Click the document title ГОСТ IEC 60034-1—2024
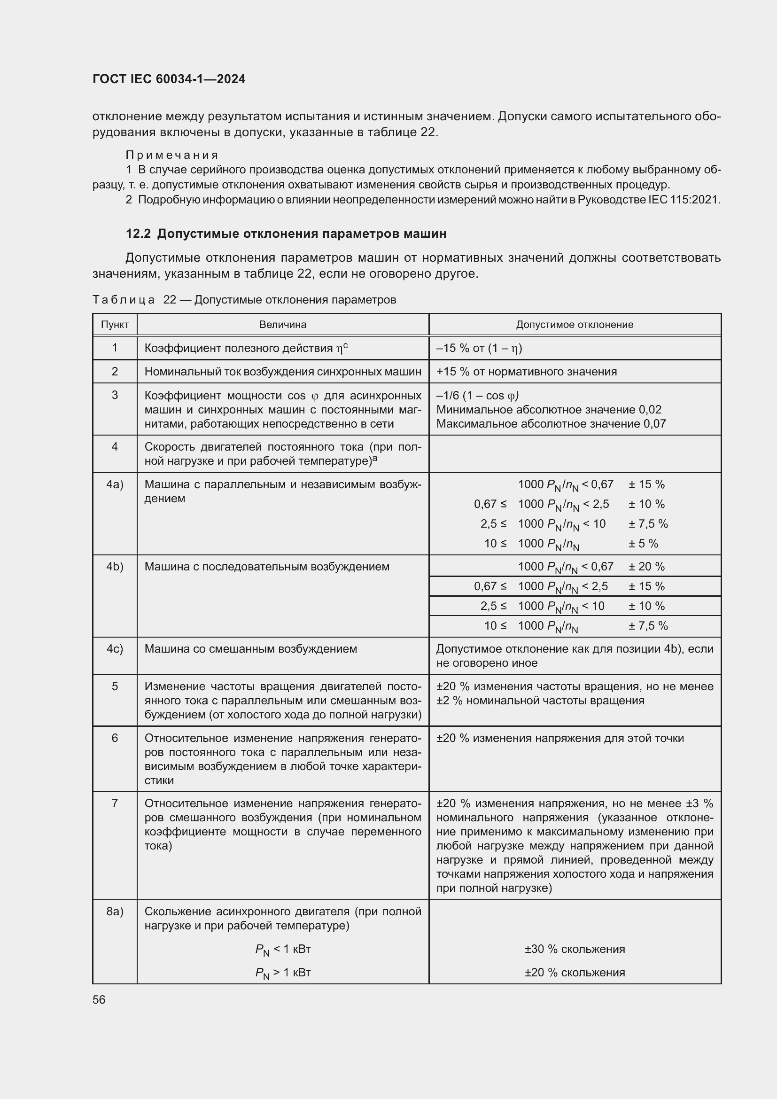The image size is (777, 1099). [169, 79]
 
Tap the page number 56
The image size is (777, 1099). [99, 999]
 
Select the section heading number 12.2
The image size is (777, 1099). [138, 234]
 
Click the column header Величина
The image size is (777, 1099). [283, 325]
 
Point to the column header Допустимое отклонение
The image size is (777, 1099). [575, 325]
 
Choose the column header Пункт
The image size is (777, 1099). [115, 325]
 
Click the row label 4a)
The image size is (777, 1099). [115, 484]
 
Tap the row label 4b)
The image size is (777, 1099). [115, 567]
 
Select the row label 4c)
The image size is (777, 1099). [115, 649]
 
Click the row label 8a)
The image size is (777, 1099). [115, 912]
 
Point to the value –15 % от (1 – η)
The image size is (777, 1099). [479, 348]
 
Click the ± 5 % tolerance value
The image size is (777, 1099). [644, 544]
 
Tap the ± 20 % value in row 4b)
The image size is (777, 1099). [647, 567]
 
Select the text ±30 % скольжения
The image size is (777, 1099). [575, 949]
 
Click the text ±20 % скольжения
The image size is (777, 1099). [575, 972]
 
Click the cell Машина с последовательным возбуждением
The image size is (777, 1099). [267, 567]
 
